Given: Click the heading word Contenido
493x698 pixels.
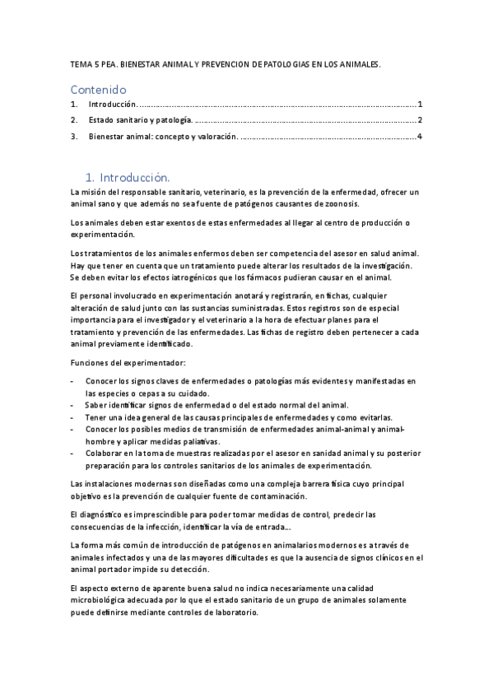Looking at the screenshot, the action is (x=98, y=89).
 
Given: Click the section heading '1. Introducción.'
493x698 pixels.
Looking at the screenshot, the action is (x=128, y=177).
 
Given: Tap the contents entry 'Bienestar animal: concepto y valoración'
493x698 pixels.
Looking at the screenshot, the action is (x=163, y=136).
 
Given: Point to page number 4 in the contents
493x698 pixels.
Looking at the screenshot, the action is (x=420, y=136).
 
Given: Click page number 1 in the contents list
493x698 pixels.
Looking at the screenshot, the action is (x=420, y=105).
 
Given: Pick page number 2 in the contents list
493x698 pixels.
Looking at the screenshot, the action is (x=420, y=120).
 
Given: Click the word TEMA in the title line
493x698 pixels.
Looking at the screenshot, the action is (x=81, y=63).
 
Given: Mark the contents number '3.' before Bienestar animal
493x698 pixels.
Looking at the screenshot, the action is (x=74, y=136).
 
